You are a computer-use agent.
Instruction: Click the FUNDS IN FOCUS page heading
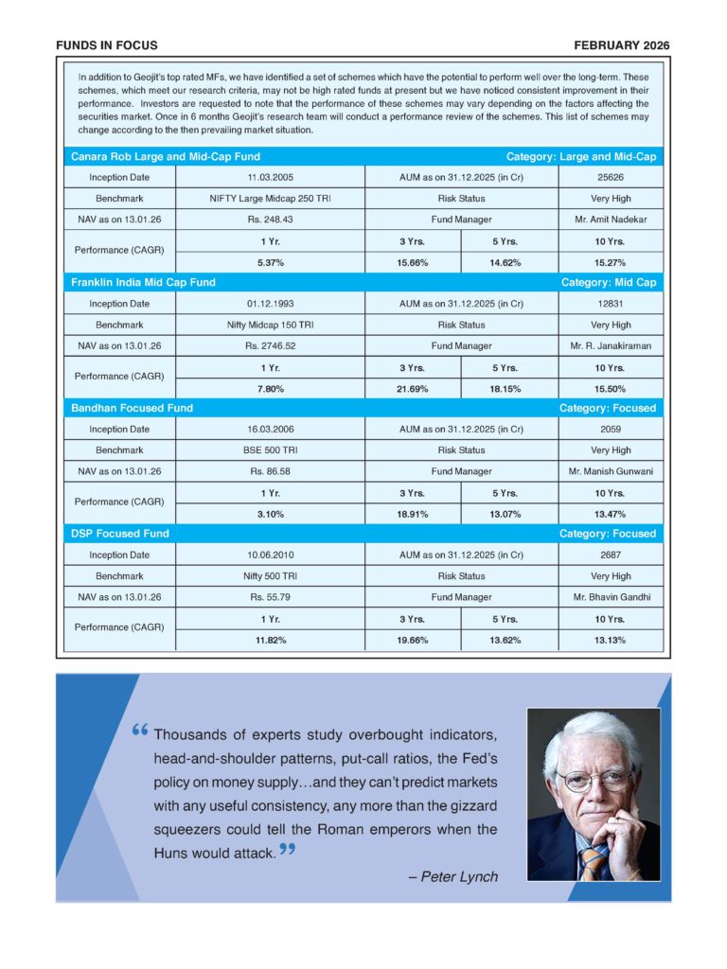pos(107,45)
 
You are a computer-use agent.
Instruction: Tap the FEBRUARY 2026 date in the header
pos(621,45)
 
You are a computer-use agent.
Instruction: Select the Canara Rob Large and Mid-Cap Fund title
pos(166,156)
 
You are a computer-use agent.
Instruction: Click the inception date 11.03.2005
pos(271,178)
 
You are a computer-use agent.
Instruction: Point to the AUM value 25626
pos(611,178)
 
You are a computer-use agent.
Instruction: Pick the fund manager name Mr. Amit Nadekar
pos(611,220)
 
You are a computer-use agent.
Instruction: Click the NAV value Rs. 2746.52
pos(271,346)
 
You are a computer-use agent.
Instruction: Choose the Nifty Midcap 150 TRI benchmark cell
pos(271,325)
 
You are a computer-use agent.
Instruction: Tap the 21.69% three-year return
pos(413,389)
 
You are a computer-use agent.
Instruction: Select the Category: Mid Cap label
pos(608,282)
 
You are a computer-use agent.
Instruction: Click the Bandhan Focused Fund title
pos(132,408)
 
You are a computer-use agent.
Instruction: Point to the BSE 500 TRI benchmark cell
pos(271,450)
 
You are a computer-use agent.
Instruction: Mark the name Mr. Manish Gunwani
pos(611,471)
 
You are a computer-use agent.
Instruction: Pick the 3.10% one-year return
pos(271,514)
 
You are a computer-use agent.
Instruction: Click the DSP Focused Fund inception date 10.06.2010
pos(271,555)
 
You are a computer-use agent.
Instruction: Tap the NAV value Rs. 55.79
pos(271,597)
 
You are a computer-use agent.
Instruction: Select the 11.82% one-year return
pos(271,640)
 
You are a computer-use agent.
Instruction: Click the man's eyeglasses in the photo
pos(594,781)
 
